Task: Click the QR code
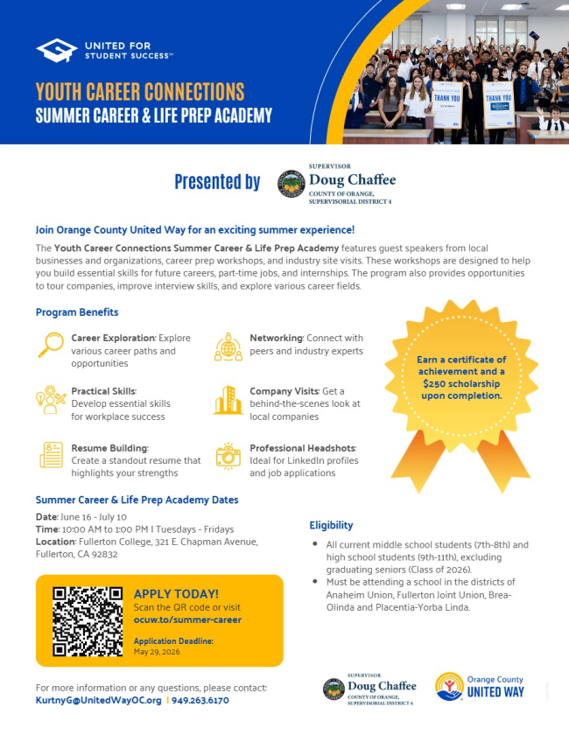88,621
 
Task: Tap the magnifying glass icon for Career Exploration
52,345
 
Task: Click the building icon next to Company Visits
228,400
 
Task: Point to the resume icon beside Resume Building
52,455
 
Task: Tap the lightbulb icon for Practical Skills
52,399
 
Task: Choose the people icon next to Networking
228,346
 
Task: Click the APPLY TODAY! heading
176,594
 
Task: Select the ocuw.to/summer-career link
187,619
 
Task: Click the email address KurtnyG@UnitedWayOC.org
98,701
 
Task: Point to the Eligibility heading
331,525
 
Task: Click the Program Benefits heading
76,312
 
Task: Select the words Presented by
217,182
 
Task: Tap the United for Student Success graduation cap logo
57,50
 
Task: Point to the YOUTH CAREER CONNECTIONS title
140,92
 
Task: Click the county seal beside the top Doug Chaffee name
291,183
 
